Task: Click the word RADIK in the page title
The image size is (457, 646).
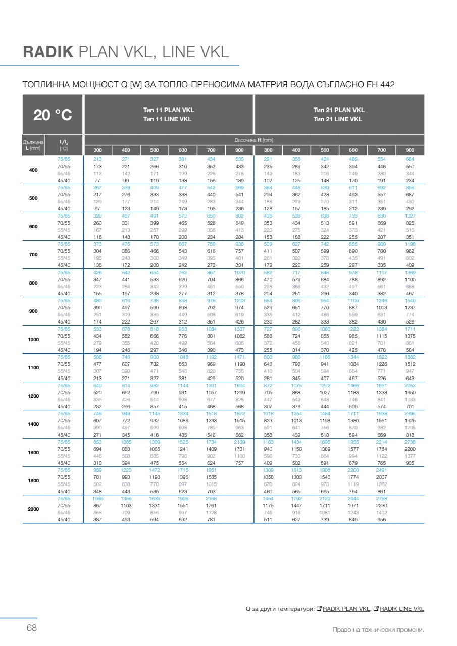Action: (x=48, y=52)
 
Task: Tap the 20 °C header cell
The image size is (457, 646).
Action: (x=53, y=115)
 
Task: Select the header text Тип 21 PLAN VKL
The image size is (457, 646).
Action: (x=339, y=110)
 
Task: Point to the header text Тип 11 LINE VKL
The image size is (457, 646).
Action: (x=167, y=119)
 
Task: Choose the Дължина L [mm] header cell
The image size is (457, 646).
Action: (x=33, y=145)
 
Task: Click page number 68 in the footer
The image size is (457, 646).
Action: (x=32, y=628)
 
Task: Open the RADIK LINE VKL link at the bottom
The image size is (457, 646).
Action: (x=401, y=609)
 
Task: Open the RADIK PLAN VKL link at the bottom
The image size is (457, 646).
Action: (x=346, y=609)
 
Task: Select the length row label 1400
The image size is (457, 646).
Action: (x=33, y=424)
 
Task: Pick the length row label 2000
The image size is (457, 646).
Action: (x=33, y=509)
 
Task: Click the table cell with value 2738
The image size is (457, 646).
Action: (x=410, y=442)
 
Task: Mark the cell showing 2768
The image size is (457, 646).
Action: (x=381, y=499)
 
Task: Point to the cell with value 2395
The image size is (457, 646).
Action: (x=410, y=413)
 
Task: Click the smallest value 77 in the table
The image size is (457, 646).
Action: (x=98, y=180)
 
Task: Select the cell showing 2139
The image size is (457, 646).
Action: (x=239, y=442)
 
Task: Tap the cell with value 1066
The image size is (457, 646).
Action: (x=98, y=499)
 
